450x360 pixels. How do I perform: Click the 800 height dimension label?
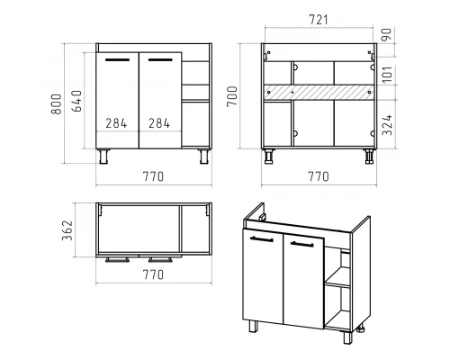(x=57, y=104)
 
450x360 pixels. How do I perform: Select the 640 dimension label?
(x=76, y=101)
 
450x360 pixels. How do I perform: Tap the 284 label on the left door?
(x=116, y=123)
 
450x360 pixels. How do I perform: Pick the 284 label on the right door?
(x=159, y=123)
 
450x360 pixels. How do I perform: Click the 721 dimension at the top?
(x=319, y=20)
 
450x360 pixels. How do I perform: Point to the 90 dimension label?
(x=386, y=34)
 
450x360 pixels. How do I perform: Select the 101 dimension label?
(x=387, y=75)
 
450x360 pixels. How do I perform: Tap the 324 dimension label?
(x=387, y=124)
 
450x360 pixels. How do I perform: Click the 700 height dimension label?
(x=232, y=96)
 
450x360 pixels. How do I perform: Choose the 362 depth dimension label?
(x=67, y=230)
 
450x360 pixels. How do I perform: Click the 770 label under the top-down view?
(x=153, y=274)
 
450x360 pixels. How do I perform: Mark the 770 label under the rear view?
(x=319, y=176)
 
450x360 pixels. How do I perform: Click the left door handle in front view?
(x=117, y=59)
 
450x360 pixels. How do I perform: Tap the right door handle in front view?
(x=160, y=59)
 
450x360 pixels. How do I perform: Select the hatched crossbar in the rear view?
(x=319, y=92)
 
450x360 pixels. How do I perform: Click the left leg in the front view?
(x=103, y=157)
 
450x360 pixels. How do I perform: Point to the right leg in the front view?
(x=204, y=157)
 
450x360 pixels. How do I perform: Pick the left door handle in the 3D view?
(x=262, y=239)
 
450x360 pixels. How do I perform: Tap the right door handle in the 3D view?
(x=302, y=244)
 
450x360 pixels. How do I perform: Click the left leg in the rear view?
(x=269, y=157)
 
